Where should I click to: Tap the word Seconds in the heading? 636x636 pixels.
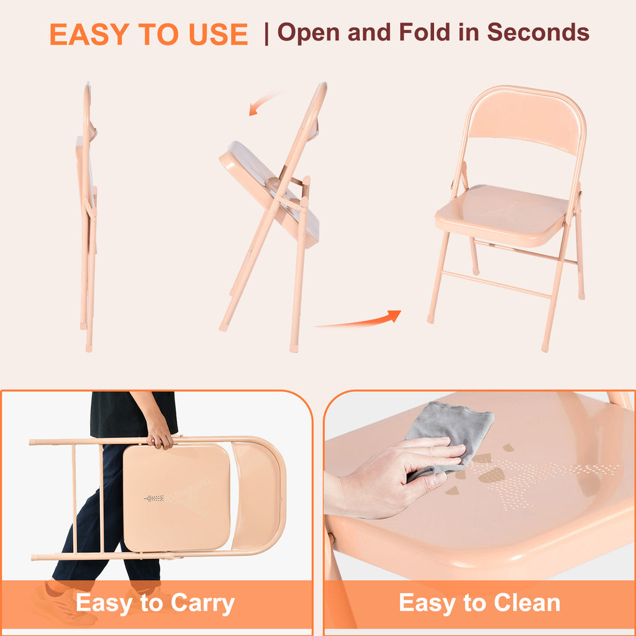pyautogui.click(x=538, y=32)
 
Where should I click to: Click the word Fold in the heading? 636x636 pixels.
pyautogui.click(x=424, y=32)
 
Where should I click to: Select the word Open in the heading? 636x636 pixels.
pyautogui.click(x=308, y=32)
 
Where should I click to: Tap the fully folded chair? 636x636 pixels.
pyautogui.click(x=87, y=217)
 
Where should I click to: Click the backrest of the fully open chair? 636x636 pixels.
pyautogui.click(x=526, y=120)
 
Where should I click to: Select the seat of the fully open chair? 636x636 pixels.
pyautogui.click(x=502, y=214)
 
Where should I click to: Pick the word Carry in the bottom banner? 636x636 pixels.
pyautogui.click(x=203, y=604)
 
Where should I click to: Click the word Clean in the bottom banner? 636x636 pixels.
pyautogui.click(x=527, y=602)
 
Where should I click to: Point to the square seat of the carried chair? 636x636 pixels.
pyautogui.click(x=176, y=497)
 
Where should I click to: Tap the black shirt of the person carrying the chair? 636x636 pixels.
pyautogui.click(x=134, y=414)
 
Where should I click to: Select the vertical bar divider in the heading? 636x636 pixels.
pyautogui.click(x=266, y=34)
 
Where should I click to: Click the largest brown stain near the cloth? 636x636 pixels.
pyautogui.click(x=492, y=475)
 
